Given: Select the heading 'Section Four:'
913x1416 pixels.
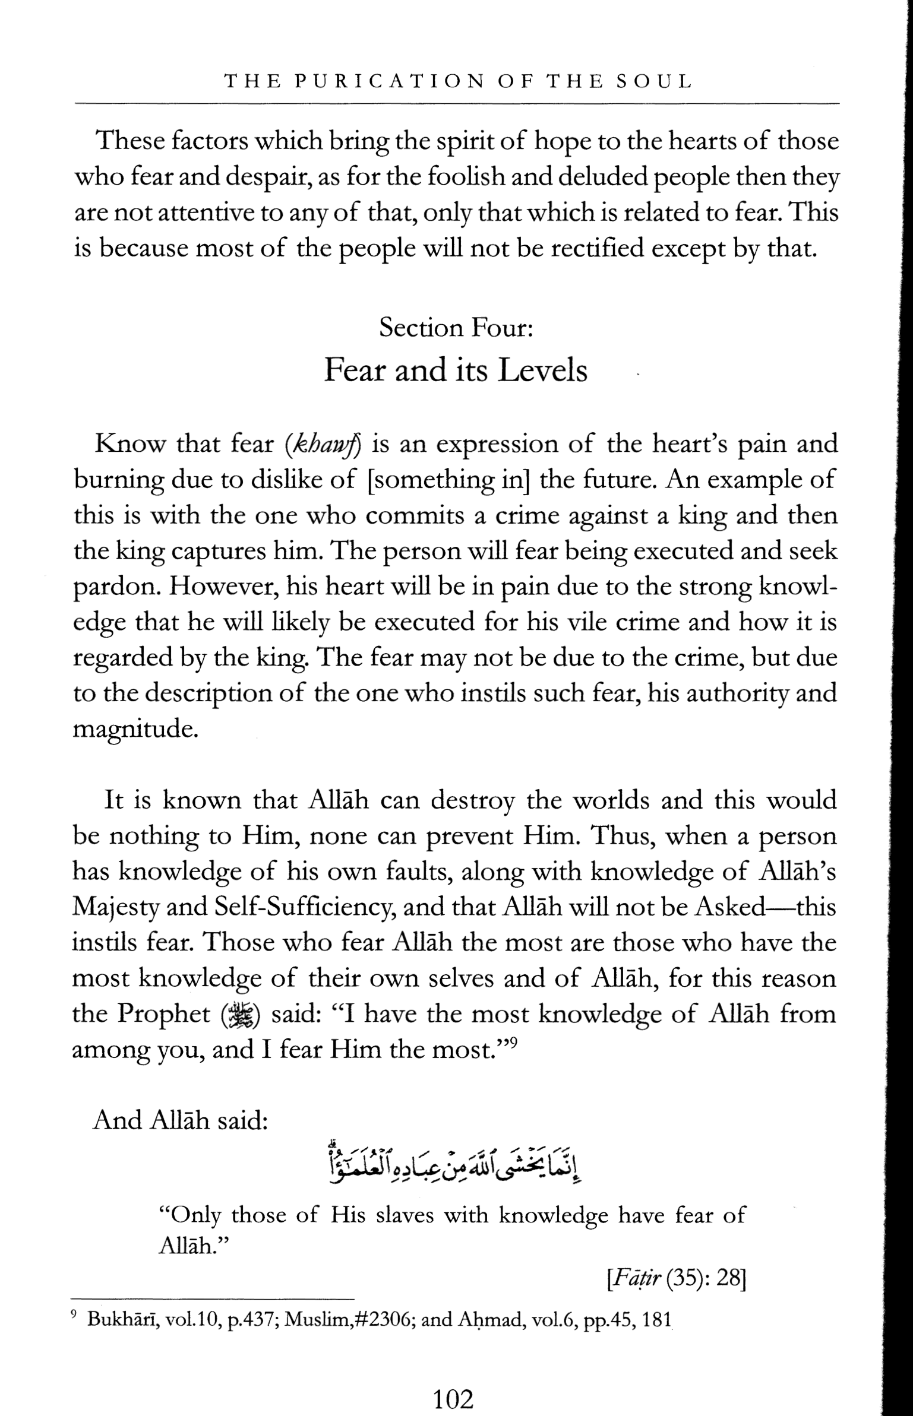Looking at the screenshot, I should tap(456, 328).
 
